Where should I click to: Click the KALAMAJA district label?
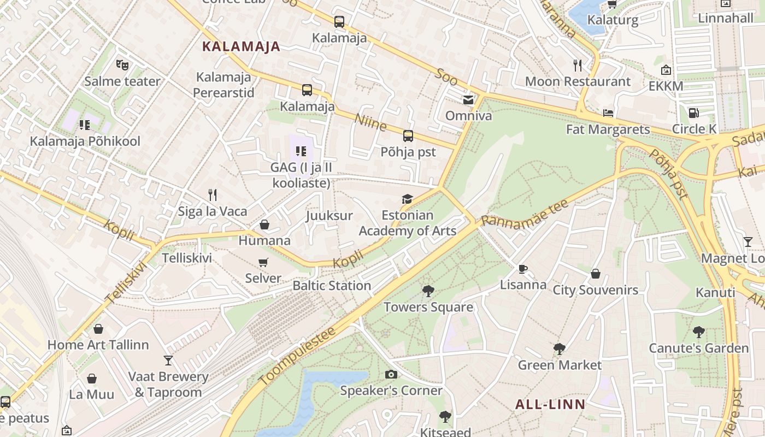[x=241, y=46]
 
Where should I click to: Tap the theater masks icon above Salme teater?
[x=122, y=65]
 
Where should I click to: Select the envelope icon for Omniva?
[x=468, y=99]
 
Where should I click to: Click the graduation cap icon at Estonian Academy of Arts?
[x=407, y=199]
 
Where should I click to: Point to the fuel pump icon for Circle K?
[x=693, y=113]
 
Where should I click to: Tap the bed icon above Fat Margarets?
[x=608, y=113]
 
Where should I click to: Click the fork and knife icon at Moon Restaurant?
[x=578, y=66]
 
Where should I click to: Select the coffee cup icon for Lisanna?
[x=522, y=269]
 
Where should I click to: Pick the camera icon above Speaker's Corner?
[x=391, y=374]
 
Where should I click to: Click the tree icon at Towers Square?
[x=428, y=291]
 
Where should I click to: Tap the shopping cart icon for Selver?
[x=263, y=262]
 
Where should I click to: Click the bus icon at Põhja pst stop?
[x=408, y=136]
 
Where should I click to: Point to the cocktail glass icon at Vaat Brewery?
[x=168, y=361]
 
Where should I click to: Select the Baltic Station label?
[x=332, y=286]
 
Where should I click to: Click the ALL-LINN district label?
[x=550, y=405]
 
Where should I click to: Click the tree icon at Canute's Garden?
[x=698, y=332]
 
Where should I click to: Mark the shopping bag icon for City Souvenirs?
[x=596, y=274]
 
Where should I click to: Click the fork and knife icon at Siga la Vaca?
[x=213, y=194]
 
